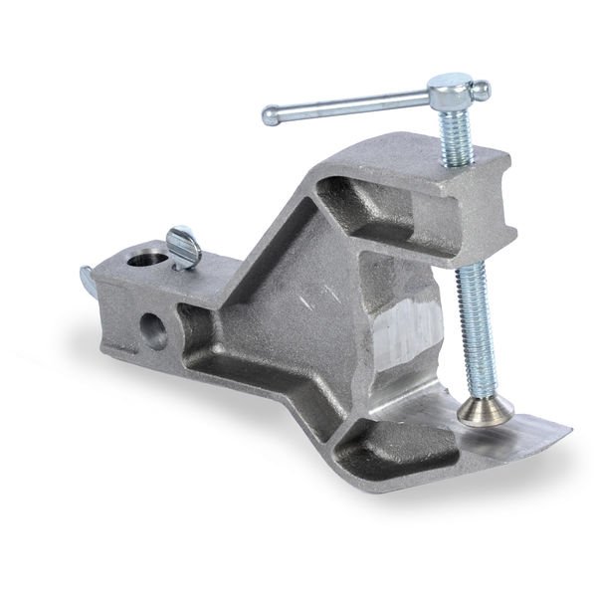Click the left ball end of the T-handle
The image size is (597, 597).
click(270, 117)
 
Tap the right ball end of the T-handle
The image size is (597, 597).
click(482, 91)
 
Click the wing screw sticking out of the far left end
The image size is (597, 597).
click(88, 284)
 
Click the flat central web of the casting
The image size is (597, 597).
click(298, 328)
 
